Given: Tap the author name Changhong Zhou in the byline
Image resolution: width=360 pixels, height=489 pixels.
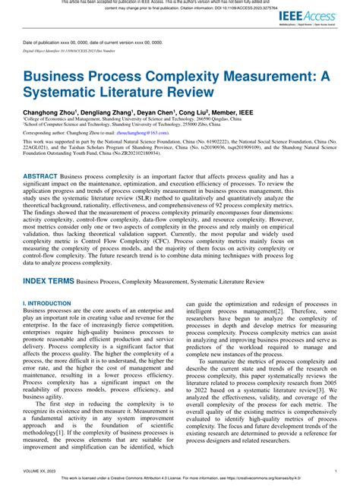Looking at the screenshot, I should tap(52, 111).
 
